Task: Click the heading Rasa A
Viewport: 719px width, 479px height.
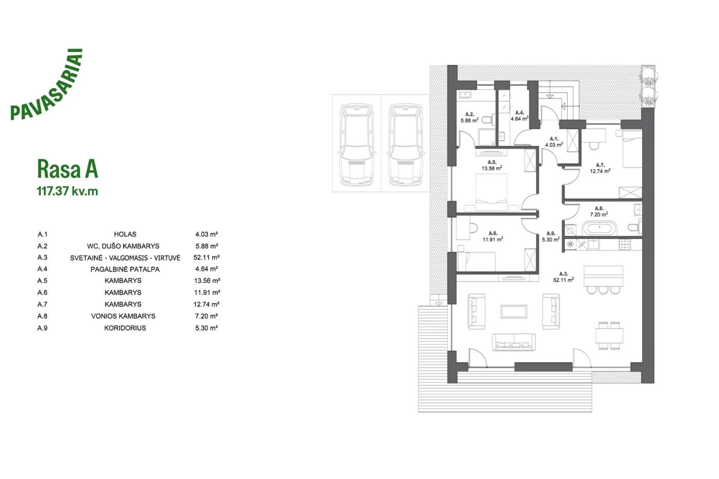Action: (67, 169)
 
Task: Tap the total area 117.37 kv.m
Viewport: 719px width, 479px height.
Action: (67, 191)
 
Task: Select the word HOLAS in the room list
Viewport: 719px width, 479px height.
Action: (125, 235)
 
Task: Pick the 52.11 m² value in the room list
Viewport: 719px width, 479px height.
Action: (206, 258)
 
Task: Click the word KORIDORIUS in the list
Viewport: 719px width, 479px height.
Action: (125, 328)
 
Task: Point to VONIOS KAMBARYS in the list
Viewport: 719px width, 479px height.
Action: (123, 316)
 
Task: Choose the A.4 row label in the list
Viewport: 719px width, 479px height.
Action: (42, 269)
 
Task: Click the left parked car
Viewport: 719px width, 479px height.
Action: (356, 144)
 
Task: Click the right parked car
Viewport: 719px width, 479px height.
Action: (405, 144)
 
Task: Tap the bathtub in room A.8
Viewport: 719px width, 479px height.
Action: (600, 228)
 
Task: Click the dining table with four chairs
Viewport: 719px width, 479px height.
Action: (609, 336)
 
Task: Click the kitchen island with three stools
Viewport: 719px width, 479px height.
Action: (603, 279)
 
